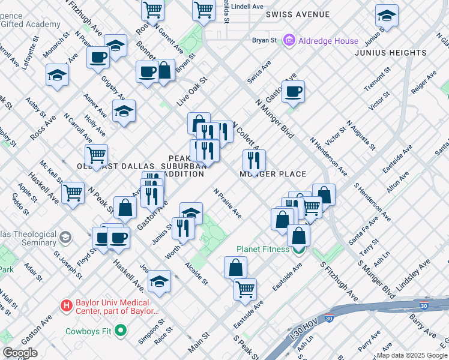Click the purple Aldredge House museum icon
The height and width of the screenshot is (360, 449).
[x=290, y=41]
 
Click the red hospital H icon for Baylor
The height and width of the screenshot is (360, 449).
[x=67, y=305]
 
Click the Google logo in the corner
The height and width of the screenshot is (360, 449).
[x=20, y=353]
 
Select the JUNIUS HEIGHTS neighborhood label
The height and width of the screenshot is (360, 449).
[x=390, y=53]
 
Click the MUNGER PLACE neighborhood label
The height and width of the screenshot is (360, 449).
[x=273, y=174]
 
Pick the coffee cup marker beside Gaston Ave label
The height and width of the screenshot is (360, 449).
[x=293, y=91]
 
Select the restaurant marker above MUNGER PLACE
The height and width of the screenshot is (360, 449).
[x=254, y=160]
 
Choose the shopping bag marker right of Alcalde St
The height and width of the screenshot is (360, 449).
[x=236, y=267]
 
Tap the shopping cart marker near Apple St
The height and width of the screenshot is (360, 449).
[x=73, y=193]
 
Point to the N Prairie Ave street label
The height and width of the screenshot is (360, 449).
[x=228, y=203]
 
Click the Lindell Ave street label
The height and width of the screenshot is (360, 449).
[x=247, y=6]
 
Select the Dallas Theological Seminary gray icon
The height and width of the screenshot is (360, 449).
[x=65, y=238]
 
